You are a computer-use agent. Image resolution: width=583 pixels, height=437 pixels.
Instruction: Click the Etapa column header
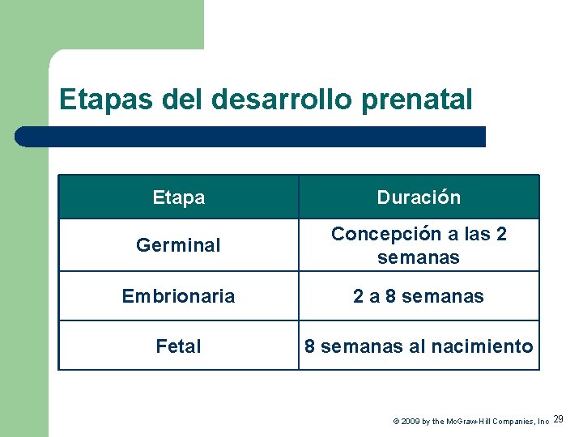(178, 197)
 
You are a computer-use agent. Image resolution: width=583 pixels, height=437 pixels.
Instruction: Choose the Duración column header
(419, 197)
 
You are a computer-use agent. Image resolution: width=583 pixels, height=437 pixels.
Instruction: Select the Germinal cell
(178, 245)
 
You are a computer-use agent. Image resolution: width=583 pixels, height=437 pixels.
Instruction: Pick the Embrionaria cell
(178, 296)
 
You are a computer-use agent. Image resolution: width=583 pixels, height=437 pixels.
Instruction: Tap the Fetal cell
(178, 346)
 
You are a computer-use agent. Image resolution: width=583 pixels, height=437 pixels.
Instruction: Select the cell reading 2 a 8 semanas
(419, 296)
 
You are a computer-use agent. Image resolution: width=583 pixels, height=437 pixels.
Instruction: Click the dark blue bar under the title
(251, 137)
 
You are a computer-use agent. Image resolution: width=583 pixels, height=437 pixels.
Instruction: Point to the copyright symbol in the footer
(396, 422)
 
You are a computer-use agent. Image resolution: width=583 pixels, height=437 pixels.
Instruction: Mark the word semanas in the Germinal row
(419, 257)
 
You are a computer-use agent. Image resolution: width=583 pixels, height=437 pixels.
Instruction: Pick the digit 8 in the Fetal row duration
(309, 346)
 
